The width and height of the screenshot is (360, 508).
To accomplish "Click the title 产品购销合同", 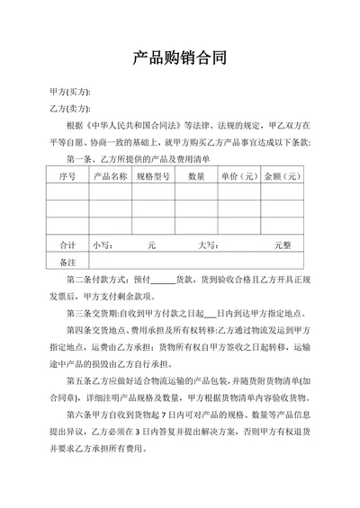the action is click(x=179, y=59).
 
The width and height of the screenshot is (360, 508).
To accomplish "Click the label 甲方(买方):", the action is click(x=70, y=94).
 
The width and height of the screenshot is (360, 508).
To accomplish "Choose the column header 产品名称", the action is click(x=110, y=177).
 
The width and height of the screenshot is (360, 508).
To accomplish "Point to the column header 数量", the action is click(x=196, y=177).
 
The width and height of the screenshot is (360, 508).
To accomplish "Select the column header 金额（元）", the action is click(x=282, y=177).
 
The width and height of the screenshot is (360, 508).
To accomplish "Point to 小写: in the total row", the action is click(x=101, y=245).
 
